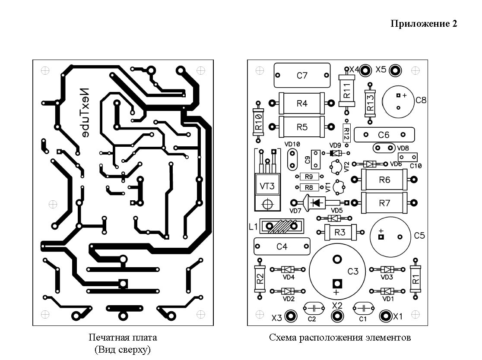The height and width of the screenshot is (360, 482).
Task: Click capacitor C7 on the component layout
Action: (302, 76)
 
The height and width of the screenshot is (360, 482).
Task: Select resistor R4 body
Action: (302, 103)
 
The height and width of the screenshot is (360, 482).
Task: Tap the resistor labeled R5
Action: (302, 127)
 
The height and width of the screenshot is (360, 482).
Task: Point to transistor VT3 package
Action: (267, 186)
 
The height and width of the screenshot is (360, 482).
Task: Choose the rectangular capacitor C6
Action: (384, 135)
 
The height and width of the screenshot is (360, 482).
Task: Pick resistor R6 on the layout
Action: (384, 180)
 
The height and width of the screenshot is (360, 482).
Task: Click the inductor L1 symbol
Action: (282, 226)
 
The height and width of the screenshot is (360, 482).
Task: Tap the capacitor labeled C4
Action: (282, 246)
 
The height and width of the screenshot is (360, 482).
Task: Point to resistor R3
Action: (340, 233)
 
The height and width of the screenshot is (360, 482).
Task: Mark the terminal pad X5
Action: (395, 70)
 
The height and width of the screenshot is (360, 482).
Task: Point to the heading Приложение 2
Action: (423, 24)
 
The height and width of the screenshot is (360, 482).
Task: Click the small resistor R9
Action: (308, 177)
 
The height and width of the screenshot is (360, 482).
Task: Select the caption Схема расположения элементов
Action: (339, 338)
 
